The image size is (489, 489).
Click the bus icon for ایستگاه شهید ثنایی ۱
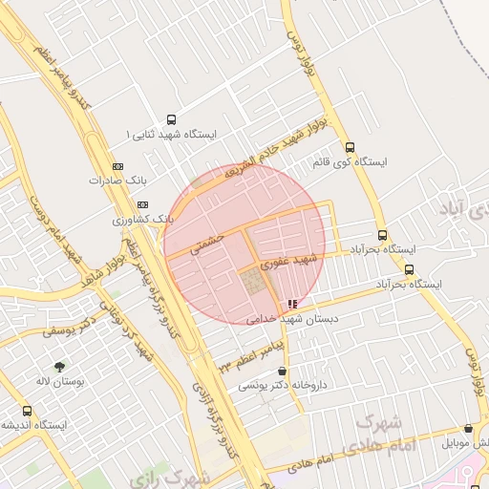pyautogui.click(x=171, y=120)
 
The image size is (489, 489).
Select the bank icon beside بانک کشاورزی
pyautogui.click(x=143, y=204)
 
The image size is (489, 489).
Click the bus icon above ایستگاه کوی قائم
pyautogui.click(x=350, y=148)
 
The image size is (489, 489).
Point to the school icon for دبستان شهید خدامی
pyautogui.click(x=291, y=304)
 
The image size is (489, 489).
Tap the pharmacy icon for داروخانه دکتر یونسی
pyautogui.click(x=282, y=371)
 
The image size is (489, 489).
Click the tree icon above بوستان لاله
pyautogui.click(x=61, y=367)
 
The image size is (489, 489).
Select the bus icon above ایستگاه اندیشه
pyautogui.click(x=27, y=411)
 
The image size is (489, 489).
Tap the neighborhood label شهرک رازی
pyautogui.click(x=168, y=476)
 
